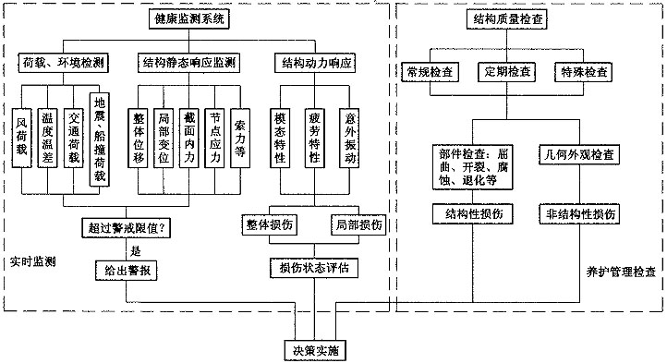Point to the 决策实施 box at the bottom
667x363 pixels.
coord(314,350)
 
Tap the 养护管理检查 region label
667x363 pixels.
coord(622,272)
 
